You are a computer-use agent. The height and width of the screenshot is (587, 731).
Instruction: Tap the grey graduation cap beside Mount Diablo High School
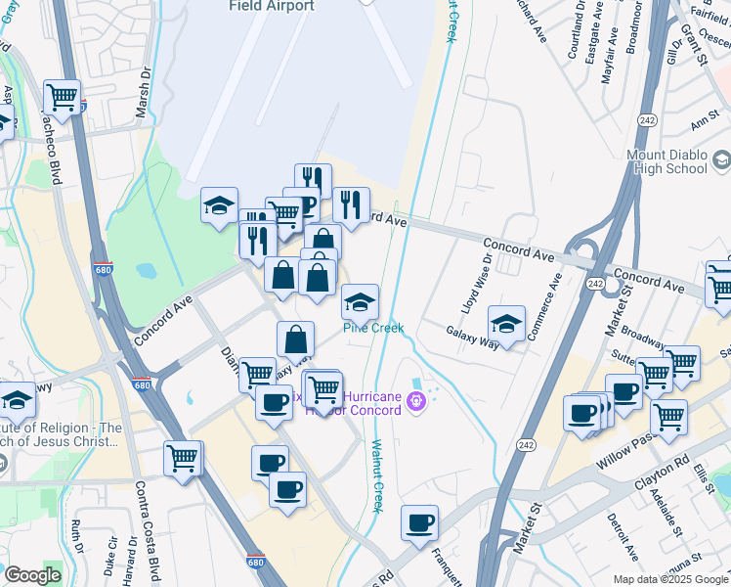tap(721, 160)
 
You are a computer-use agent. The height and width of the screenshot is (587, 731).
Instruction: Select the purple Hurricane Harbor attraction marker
tap(417, 400)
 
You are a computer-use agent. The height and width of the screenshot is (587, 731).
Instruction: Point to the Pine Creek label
tap(372, 328)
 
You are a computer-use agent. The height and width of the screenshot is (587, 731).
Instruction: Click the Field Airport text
tap(272, 6)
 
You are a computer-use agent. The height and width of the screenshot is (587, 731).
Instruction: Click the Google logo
tap(32, 575)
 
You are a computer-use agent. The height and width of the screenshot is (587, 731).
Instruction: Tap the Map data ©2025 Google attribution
tap(669, 579)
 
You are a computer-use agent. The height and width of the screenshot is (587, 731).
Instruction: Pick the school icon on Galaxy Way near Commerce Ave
tap(507, 322)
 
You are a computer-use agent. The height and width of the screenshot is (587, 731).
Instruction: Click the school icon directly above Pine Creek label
tap(361, 300)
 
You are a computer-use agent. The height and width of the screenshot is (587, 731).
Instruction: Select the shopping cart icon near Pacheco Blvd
tap(64, 97)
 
